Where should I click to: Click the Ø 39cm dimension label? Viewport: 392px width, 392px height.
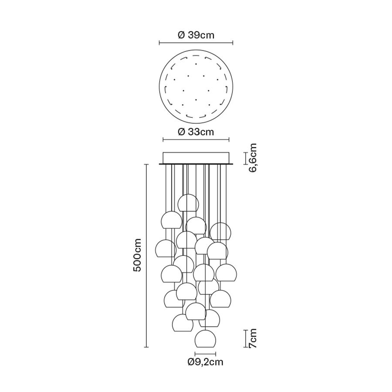coord(196,35)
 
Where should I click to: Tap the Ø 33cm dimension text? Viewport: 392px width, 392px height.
coord(196,132)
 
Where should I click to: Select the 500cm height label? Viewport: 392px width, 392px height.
coord(137,255)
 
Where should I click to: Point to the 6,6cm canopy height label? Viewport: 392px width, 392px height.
coord(252,158)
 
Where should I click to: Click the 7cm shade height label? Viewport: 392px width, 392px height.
coord(252,338)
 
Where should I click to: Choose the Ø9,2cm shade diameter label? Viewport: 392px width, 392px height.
coord(205,362)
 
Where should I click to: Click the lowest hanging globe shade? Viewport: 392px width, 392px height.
coord(205,338)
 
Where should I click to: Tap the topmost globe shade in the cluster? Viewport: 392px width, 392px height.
coord(189,203)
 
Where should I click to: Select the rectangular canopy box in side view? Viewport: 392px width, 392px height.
coord(196,158)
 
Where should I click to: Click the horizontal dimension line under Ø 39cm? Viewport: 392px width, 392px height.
coord(196,43)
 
